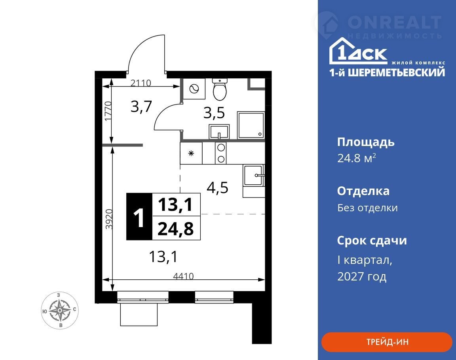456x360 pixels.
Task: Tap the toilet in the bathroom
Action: [220, 89]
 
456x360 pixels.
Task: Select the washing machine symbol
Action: [194, 89]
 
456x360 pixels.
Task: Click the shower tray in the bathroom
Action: [251, 125]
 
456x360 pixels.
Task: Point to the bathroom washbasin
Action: [219, 132]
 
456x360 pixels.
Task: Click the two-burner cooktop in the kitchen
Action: [221, 153]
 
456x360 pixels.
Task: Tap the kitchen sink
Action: [254, 176]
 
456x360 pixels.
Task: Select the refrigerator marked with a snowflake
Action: [191, 153]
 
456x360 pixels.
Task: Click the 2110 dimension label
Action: [141, 83]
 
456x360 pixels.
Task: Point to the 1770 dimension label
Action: [108, 111]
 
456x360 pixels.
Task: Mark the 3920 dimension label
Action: [109, 219]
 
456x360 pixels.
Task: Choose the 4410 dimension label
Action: [183, 276]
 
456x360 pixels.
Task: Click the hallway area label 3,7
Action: [141, 106]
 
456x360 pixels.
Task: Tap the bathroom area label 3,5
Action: [214, 113]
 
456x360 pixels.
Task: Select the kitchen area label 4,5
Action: [218, 188]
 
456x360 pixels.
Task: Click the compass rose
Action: [60, 310]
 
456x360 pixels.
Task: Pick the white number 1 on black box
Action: [139, 217]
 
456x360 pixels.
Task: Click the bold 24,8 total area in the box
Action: [176, 228]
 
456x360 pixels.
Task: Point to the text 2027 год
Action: [362, 276]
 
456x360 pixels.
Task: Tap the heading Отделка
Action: [363, 191]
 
